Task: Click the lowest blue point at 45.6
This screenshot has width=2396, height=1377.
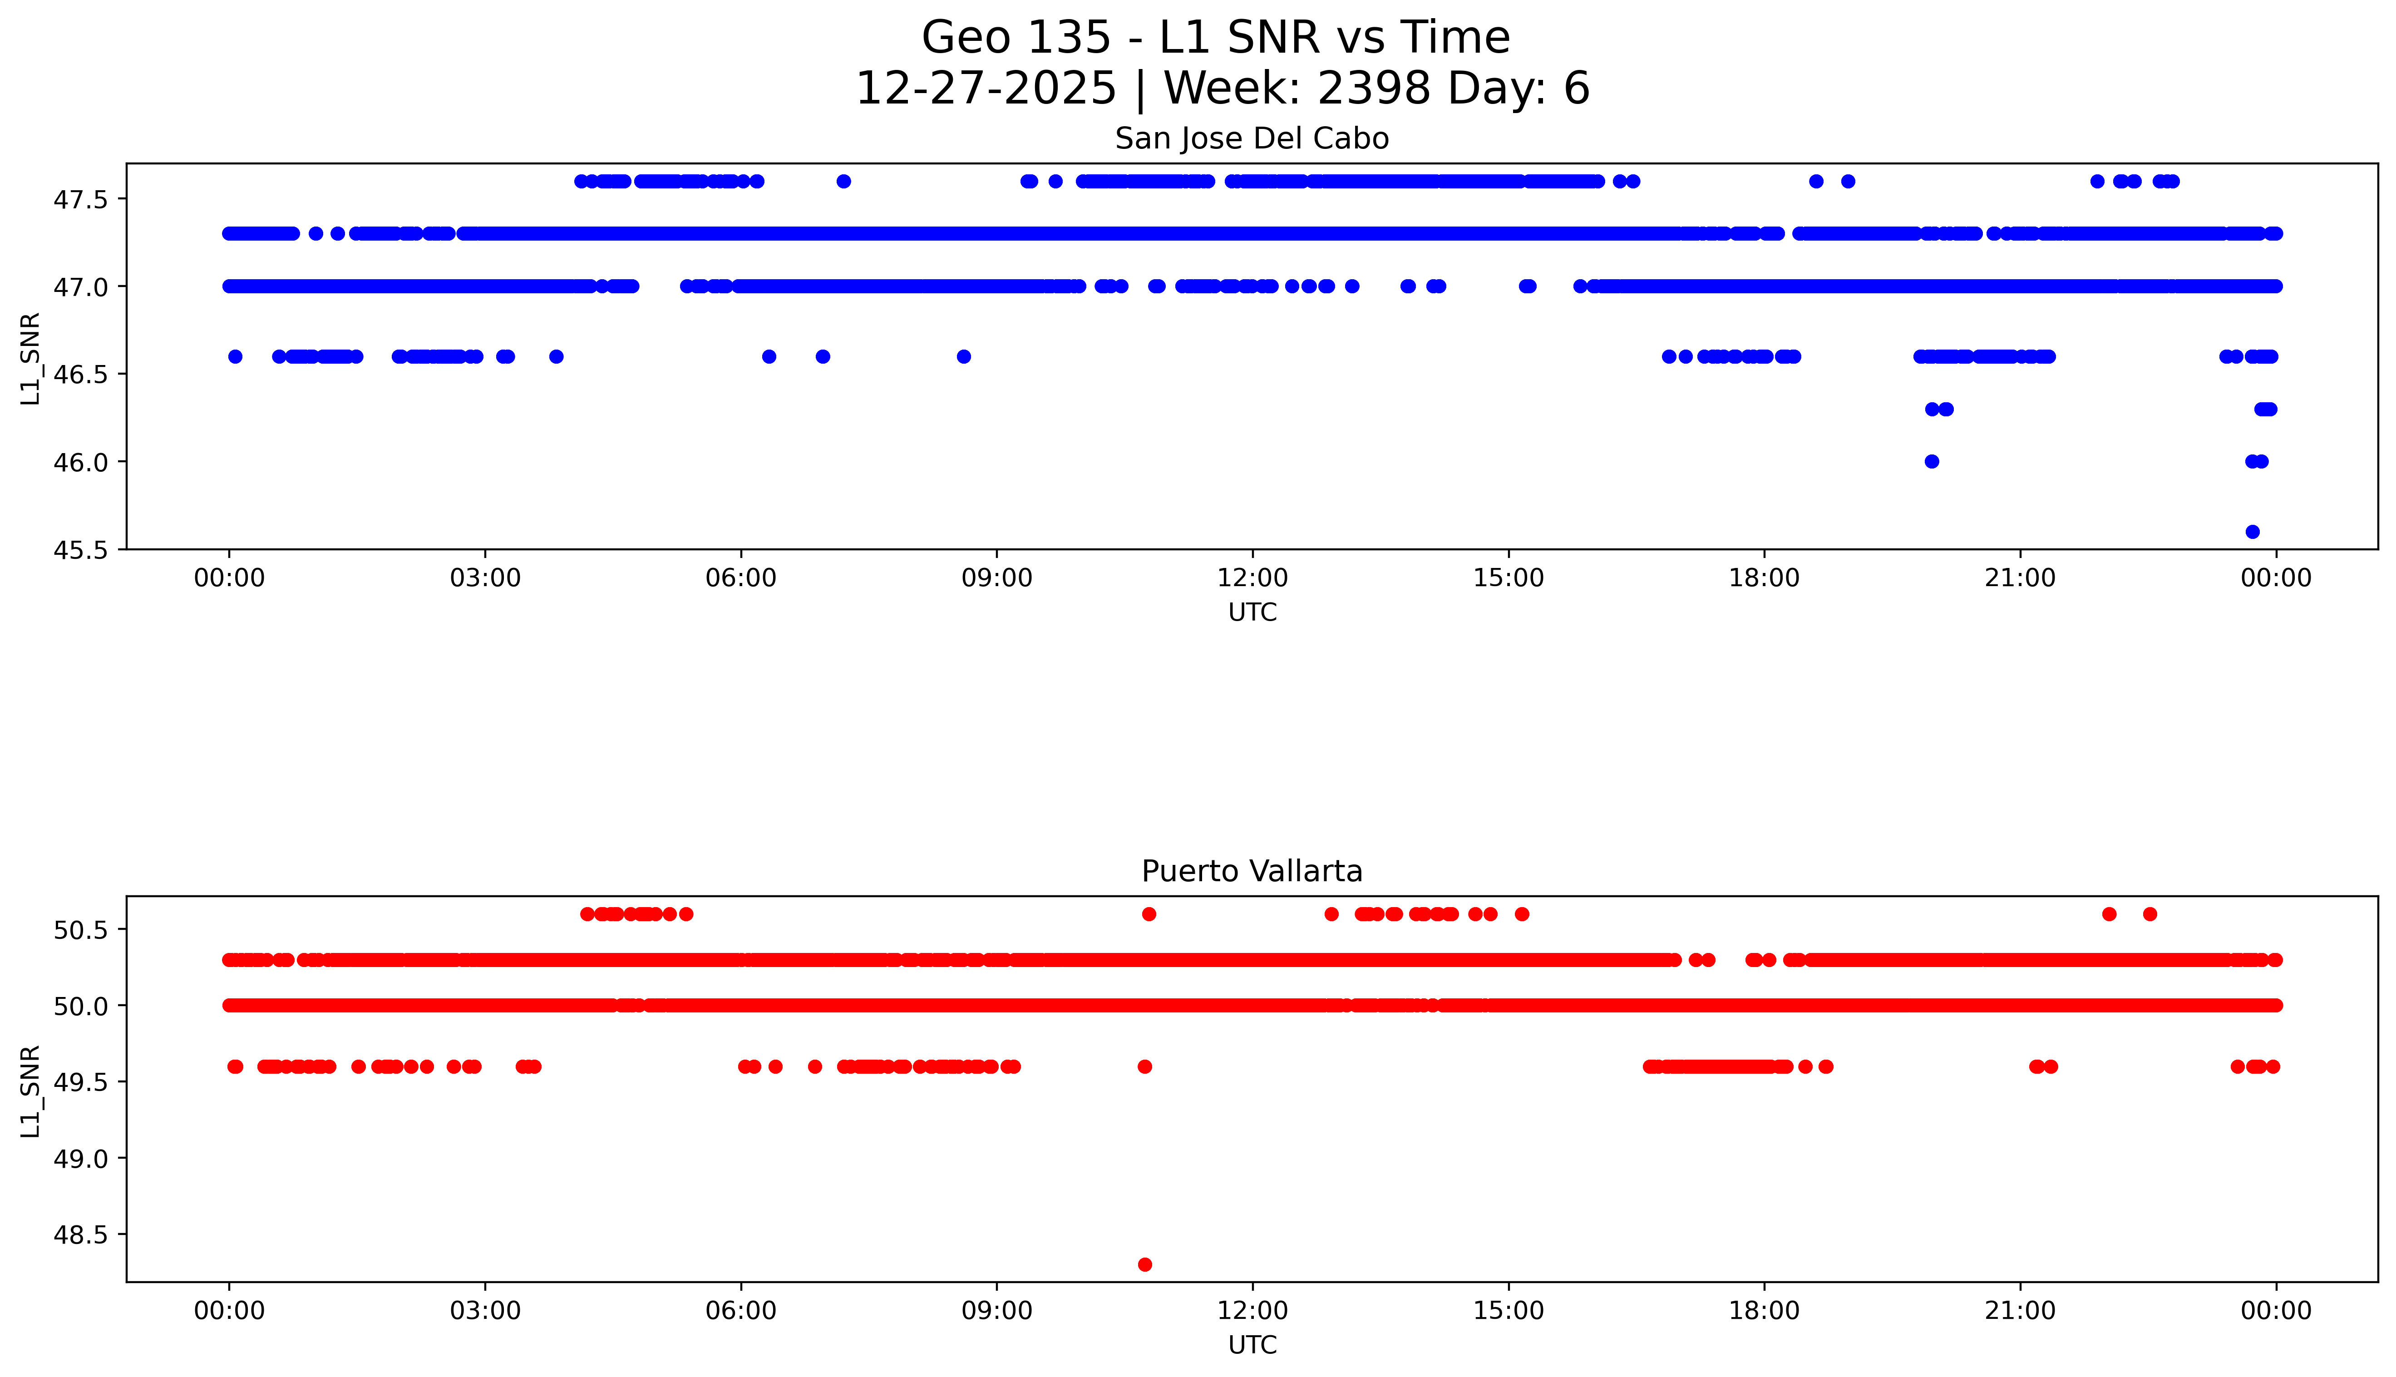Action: pos(2252,532)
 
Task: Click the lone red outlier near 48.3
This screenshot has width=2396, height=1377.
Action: pos(1145,1264)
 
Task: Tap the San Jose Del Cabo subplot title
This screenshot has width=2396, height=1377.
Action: pos(1252,139)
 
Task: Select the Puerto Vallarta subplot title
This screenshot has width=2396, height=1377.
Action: pos(1252,871)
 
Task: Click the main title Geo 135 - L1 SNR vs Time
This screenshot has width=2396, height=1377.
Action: pos(1216,38)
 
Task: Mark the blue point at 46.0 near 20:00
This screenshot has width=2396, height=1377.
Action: pos(1932,462)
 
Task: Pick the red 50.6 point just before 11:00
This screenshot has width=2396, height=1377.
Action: pos(1149,913)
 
